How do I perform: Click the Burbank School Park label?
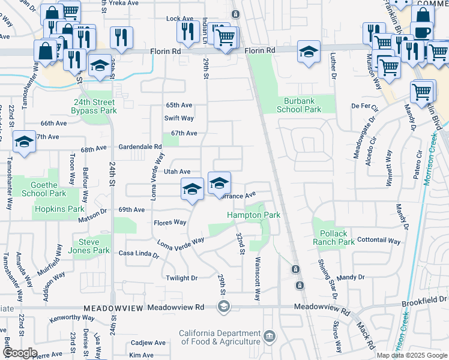click(299, 105)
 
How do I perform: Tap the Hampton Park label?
click(253, 215)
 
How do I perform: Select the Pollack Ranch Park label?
click(333, 238)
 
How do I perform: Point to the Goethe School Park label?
click(44, 190)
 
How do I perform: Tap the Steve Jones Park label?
click(89, 246)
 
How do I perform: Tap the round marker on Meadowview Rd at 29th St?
click(223, 307)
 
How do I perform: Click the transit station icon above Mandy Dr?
click(296, 269)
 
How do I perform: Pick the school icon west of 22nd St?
click(23, 142)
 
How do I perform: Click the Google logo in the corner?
click(20, 353)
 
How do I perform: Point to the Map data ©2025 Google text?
click(412, 355)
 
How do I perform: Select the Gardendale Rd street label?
click(140, 147)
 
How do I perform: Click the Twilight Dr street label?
click(181, 278)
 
